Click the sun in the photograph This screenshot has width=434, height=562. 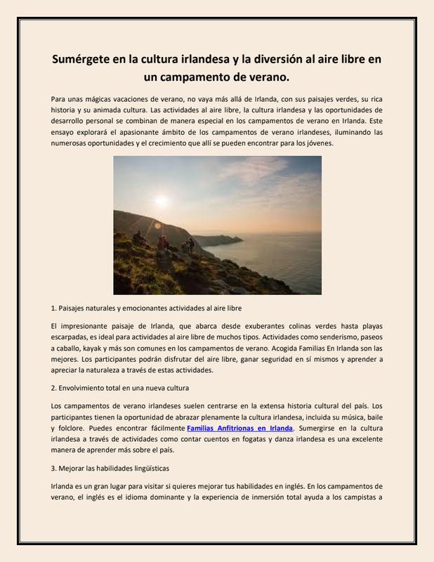click(162, 202)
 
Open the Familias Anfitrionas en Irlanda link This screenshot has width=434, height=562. click(239, 428)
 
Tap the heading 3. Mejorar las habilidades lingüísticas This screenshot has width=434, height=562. click(110, 467)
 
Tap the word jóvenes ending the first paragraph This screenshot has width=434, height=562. click(317, 143)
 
